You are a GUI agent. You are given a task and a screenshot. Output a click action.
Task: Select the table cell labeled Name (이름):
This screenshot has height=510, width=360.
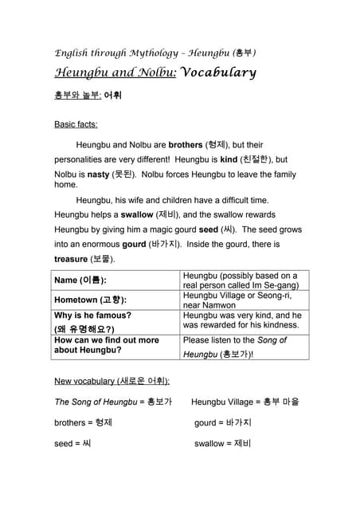80,280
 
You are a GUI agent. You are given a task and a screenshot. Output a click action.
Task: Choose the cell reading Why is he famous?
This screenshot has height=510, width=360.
92,316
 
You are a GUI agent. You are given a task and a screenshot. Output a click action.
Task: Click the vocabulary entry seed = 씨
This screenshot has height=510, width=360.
72,443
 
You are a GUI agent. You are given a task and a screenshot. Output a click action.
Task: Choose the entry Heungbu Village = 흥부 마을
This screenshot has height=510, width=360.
245,402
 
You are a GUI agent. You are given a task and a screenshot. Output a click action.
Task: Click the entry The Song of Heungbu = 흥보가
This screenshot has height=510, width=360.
112,402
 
